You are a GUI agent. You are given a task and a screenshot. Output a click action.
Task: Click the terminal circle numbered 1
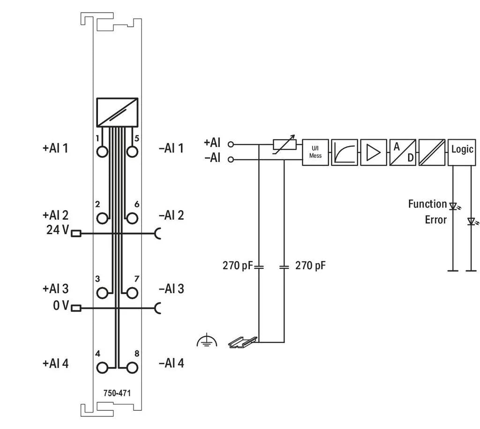coord(102,152)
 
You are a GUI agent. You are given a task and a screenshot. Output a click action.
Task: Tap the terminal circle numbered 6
coord(132,218)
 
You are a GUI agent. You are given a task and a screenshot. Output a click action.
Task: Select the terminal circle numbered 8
coord(132,367)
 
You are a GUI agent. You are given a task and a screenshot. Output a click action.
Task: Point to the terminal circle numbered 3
coord(102,293)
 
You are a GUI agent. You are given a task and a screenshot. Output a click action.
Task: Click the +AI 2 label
coord(55,215)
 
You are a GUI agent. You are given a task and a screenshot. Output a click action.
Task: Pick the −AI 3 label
coord(171,289)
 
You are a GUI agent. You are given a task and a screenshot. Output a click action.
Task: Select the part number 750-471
coord(117,393)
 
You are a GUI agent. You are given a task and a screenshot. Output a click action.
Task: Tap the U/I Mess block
coord(315,152)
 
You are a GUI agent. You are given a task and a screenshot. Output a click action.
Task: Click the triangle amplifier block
coord(374,152)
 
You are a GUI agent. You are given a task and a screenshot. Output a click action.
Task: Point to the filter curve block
coord(345,152)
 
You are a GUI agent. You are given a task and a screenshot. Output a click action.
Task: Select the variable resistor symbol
coord(285,144)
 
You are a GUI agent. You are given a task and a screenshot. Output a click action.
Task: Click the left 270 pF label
coord(237,266)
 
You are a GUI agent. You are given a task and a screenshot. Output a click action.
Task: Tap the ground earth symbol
coord(207,341)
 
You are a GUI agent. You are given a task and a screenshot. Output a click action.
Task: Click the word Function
coord(427,204)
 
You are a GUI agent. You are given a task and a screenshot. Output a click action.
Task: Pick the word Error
coord(435,220)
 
